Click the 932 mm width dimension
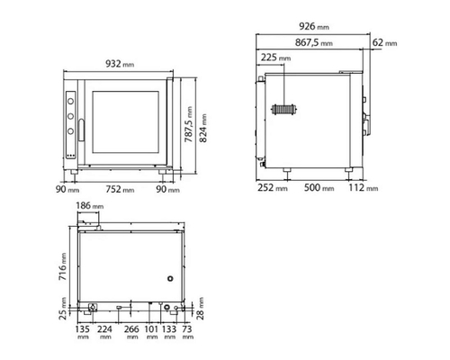120,64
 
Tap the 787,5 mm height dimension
188,124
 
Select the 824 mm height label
203,128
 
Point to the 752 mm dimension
120,189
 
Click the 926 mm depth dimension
314,26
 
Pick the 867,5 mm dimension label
314,42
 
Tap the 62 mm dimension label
384,42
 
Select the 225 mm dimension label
275,57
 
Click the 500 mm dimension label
319,187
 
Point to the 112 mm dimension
364,187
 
